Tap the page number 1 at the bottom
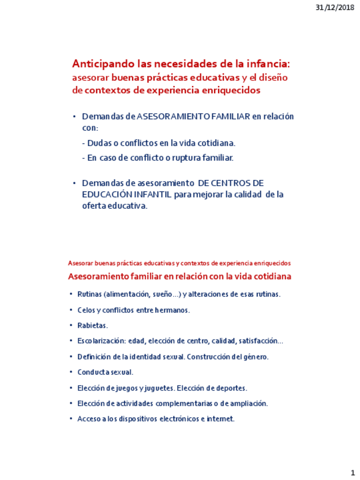(x=352, y=472)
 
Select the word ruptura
(x=186, y=157)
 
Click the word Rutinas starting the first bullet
(x=90, y=294)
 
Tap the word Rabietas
(x=92, y=325)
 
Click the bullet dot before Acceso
(x=71, y=419)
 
